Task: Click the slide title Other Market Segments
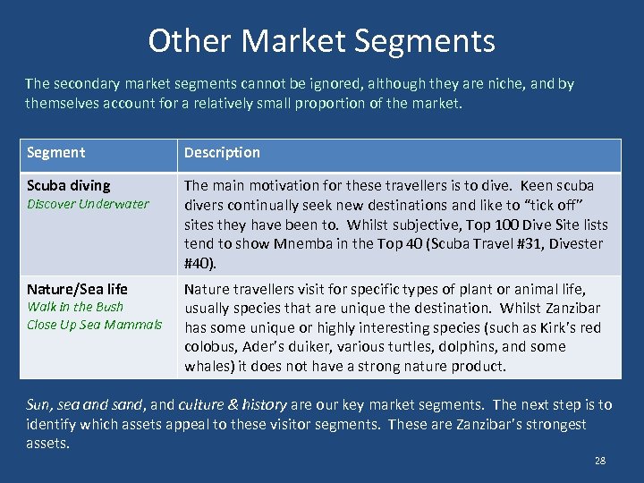click(321, 41)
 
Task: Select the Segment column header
click(55, 153)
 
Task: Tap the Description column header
click(222, 153)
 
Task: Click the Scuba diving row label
click(69, 186)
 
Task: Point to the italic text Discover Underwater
click(88, 204)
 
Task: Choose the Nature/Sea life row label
click(77, 289)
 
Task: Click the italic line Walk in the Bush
click(75, 307)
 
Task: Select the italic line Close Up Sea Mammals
click(94, 325)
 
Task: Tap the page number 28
click(599, 461)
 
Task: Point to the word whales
click(208, 366)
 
